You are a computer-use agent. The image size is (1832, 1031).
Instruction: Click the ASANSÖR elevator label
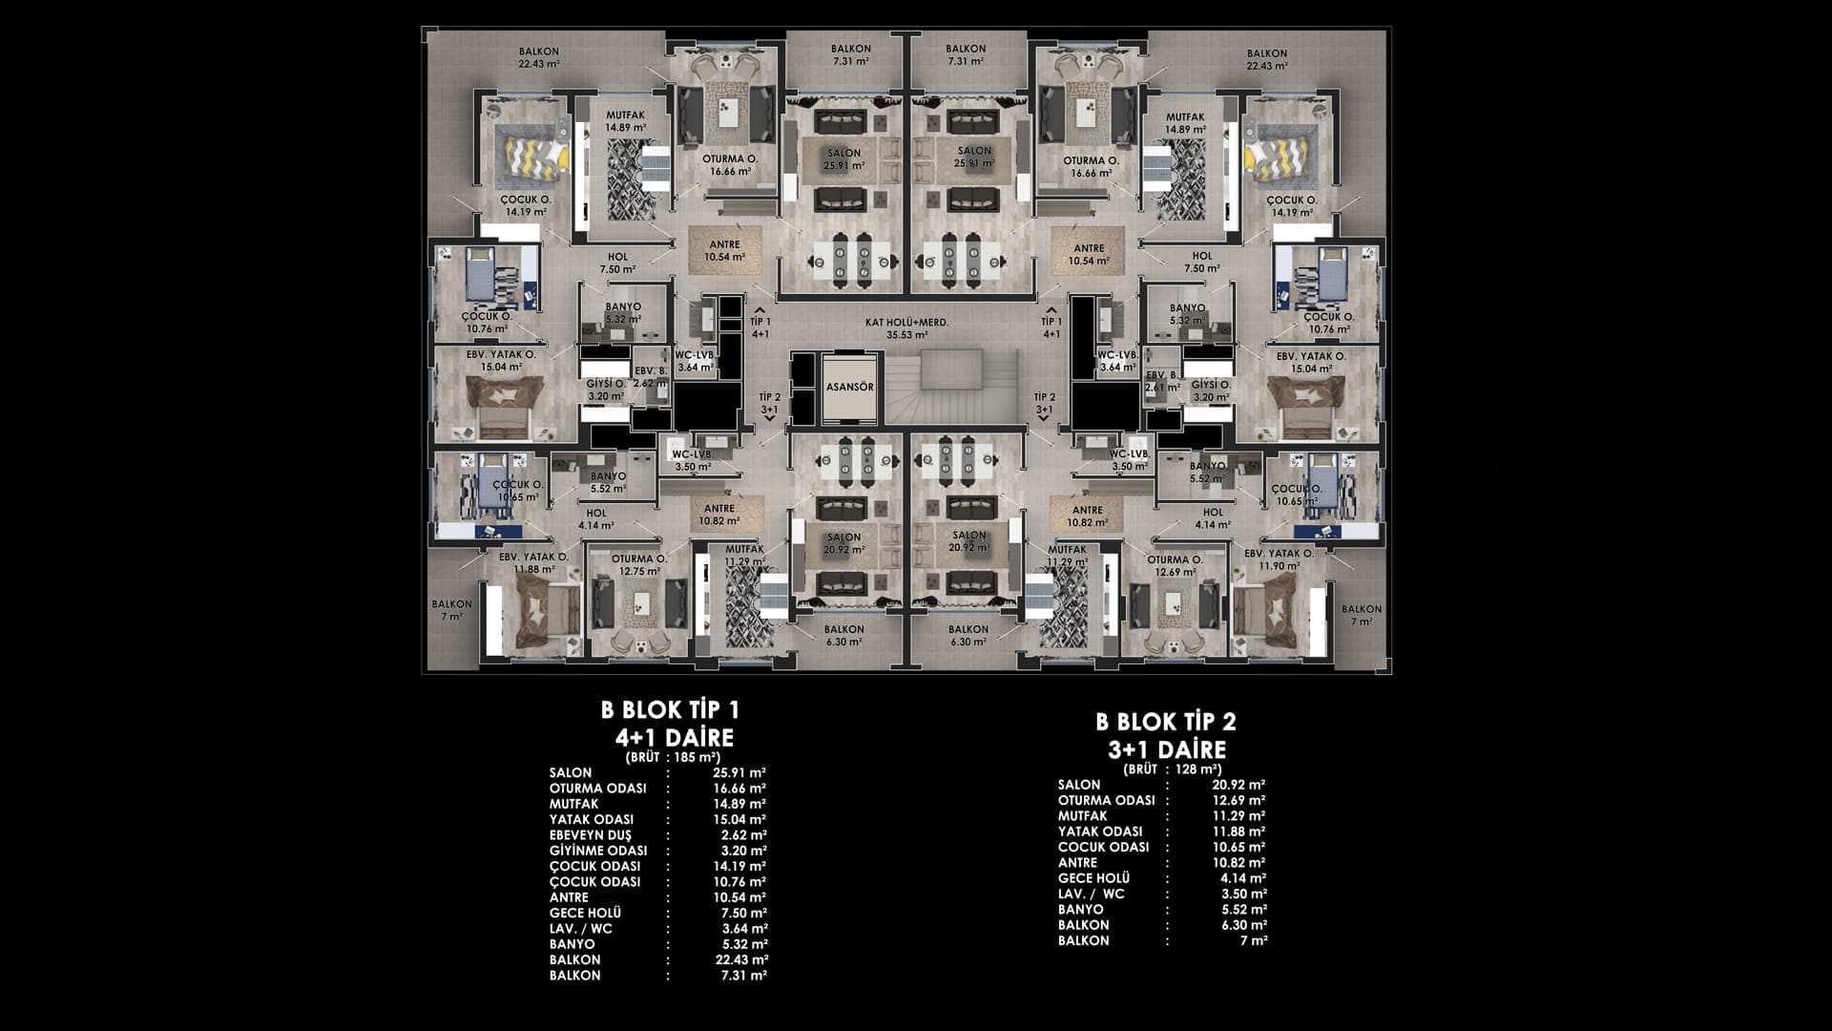847,388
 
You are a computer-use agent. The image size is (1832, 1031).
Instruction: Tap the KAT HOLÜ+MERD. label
906,323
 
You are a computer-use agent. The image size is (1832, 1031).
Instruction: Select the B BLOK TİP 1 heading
670,710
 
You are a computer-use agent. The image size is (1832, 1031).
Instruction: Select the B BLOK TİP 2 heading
1166,723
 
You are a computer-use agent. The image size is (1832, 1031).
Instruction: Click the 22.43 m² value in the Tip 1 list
739,959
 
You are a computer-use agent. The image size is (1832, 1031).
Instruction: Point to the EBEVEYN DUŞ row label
584,835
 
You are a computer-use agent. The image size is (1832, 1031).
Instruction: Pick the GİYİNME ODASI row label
598,851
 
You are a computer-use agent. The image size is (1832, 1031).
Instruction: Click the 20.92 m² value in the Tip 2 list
1239,785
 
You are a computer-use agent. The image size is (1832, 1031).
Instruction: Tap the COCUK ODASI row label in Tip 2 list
1103,847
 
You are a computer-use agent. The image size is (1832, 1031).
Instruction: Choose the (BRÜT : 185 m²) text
673,757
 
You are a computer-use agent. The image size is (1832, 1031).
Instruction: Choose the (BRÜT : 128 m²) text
1173,768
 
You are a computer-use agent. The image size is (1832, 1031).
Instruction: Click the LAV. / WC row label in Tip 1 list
581,929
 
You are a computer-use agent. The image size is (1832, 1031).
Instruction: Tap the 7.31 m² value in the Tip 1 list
743,976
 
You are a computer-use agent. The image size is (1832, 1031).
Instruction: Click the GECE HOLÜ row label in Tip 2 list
1094,878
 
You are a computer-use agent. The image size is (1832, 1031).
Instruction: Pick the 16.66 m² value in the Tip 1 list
739,789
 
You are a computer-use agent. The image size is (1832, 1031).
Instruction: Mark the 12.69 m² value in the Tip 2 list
1239,800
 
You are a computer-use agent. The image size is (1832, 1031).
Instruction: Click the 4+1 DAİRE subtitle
675,738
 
